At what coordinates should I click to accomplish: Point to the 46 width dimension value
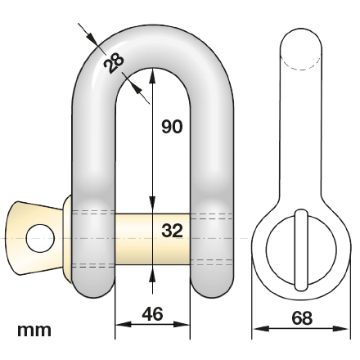pos(153,313)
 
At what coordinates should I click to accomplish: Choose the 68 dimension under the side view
pos(301,317)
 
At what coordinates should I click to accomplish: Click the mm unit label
pos(34,331)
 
